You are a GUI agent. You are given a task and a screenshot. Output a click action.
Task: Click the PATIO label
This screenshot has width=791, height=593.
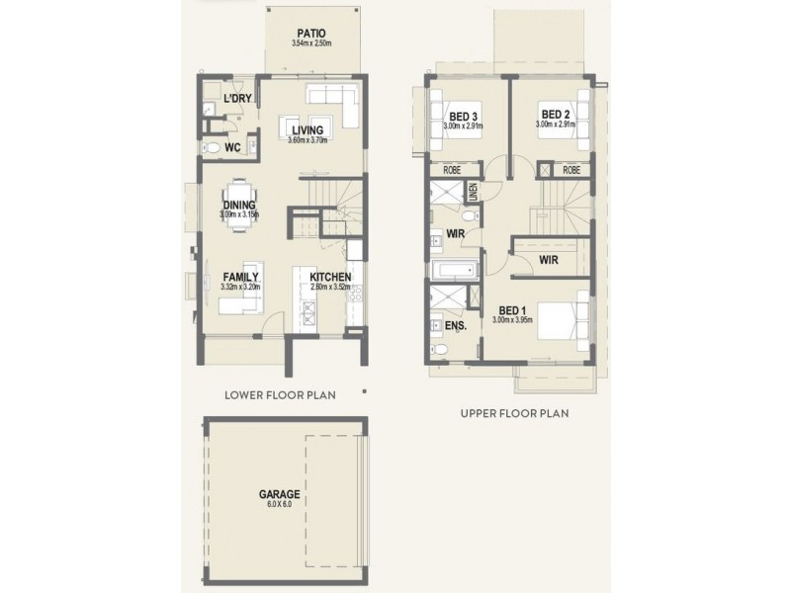[312, 33]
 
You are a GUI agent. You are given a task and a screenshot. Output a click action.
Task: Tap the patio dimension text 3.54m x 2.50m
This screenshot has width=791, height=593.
[312, 44]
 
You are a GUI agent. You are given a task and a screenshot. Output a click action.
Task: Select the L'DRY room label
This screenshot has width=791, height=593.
[236, 100]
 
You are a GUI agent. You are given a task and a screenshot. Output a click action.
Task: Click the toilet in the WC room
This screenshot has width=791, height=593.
[210, 147]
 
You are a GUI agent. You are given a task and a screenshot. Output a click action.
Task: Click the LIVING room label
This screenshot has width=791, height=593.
[308, 129]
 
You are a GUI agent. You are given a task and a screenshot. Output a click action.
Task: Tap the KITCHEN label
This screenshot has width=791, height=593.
[329, 277]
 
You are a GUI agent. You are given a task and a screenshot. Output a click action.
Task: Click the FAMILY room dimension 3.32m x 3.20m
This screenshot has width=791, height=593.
[240, 288]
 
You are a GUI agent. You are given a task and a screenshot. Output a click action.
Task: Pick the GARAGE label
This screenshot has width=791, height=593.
[281, 494]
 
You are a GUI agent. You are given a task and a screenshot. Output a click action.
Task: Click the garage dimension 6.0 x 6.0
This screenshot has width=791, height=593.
[281, 505]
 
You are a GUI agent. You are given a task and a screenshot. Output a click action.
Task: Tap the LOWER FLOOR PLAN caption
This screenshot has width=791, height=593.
[280, 394]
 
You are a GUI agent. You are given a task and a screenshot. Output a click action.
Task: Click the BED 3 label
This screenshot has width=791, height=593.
[464, 115]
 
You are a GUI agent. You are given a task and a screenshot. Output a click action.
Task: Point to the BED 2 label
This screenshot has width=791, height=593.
[554, 115]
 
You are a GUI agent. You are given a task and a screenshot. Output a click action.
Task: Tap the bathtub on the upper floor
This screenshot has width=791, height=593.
[453, 269]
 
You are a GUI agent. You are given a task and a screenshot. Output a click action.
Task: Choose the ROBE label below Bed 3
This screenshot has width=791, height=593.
[452, 170]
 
